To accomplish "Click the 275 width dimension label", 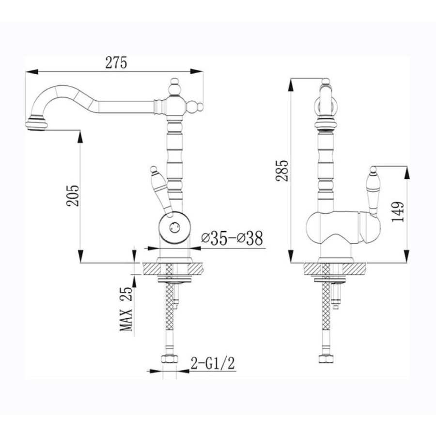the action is (116, 62).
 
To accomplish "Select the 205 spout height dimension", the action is (73, 196).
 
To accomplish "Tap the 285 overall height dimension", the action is (282, 171).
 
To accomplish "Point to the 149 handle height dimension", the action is (398, 212).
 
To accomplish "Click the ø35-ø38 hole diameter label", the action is (232, 238).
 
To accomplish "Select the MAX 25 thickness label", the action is (126, 309).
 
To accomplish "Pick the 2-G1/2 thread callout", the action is (213, 363).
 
